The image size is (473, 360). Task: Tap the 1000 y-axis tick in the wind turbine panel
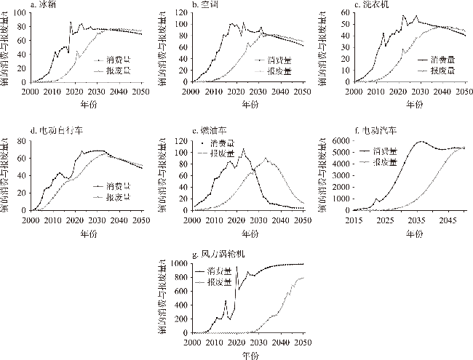tap(178, 262)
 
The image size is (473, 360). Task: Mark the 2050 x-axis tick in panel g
tap(303, 341)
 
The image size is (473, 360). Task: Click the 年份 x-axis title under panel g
tap(247, 355)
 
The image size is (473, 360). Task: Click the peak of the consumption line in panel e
tap(243, 149)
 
